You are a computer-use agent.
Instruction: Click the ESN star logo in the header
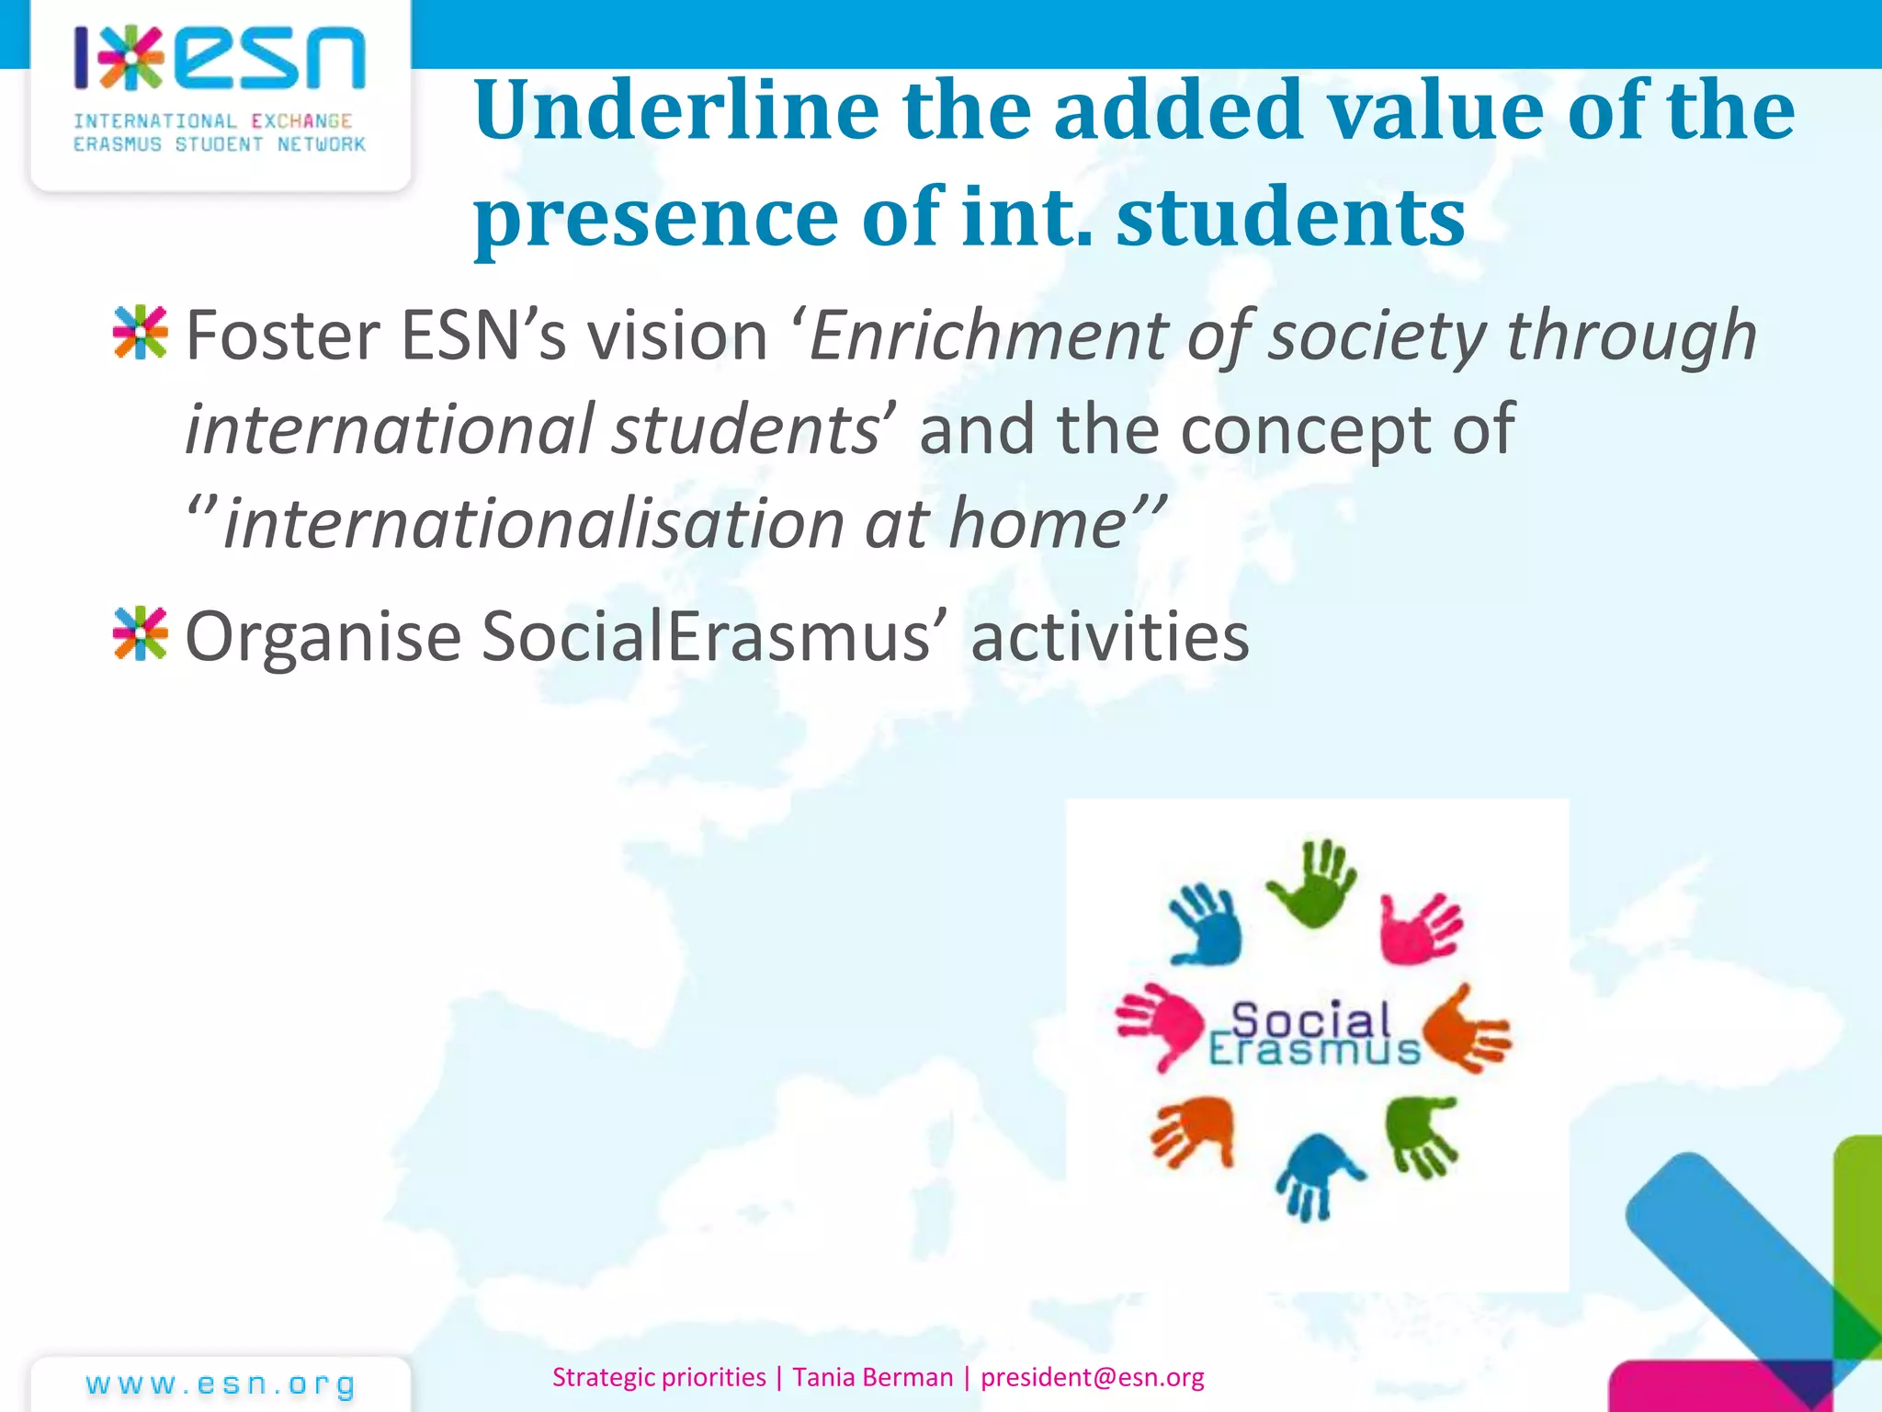pos(131,58)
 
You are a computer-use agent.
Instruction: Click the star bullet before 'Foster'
pos(141,333)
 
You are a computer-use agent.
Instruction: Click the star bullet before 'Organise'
pos(141,633)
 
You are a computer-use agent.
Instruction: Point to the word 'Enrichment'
pos(987,336)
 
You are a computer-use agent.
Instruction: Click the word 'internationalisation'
pos(533,524)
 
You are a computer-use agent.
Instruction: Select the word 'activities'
pos(1110,636)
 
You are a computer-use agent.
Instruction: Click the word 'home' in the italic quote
pos(1037,524)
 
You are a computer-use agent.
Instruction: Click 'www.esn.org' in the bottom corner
pos(221,1384)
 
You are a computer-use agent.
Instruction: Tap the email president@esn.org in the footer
pos(1092,1377)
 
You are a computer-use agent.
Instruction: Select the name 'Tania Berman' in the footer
pos(872,1377)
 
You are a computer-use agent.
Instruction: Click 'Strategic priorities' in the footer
pos(659,1377)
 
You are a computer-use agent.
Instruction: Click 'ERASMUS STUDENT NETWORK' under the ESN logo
pos(220,144)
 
